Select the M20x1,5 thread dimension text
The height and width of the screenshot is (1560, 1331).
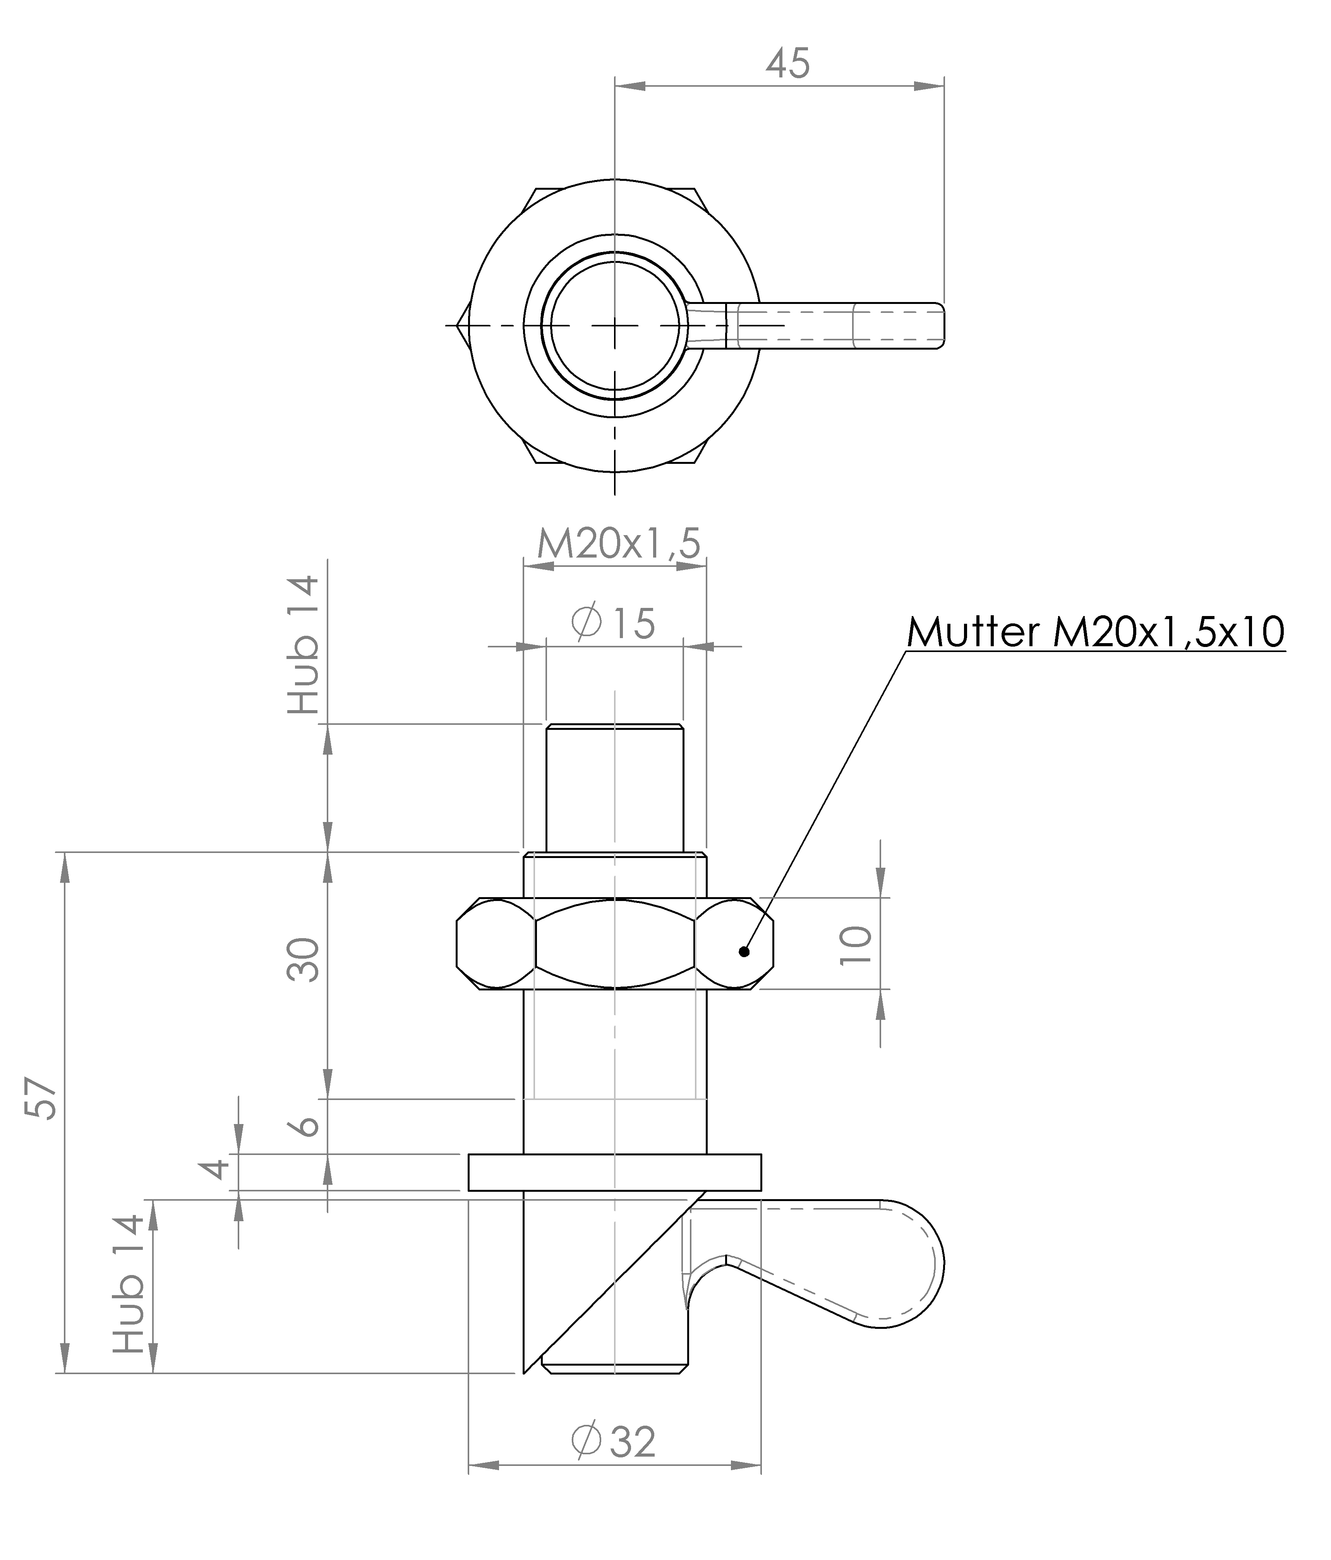pos(619,544)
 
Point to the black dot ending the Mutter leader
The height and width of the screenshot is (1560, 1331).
pos(744,951)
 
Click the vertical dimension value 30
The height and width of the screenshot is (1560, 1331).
pos(304,959)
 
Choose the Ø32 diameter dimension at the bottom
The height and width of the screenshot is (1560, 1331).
pos(614,1441)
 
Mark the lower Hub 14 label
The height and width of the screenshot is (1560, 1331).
pos(129,1284)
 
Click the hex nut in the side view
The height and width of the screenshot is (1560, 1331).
pos(615,943)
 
